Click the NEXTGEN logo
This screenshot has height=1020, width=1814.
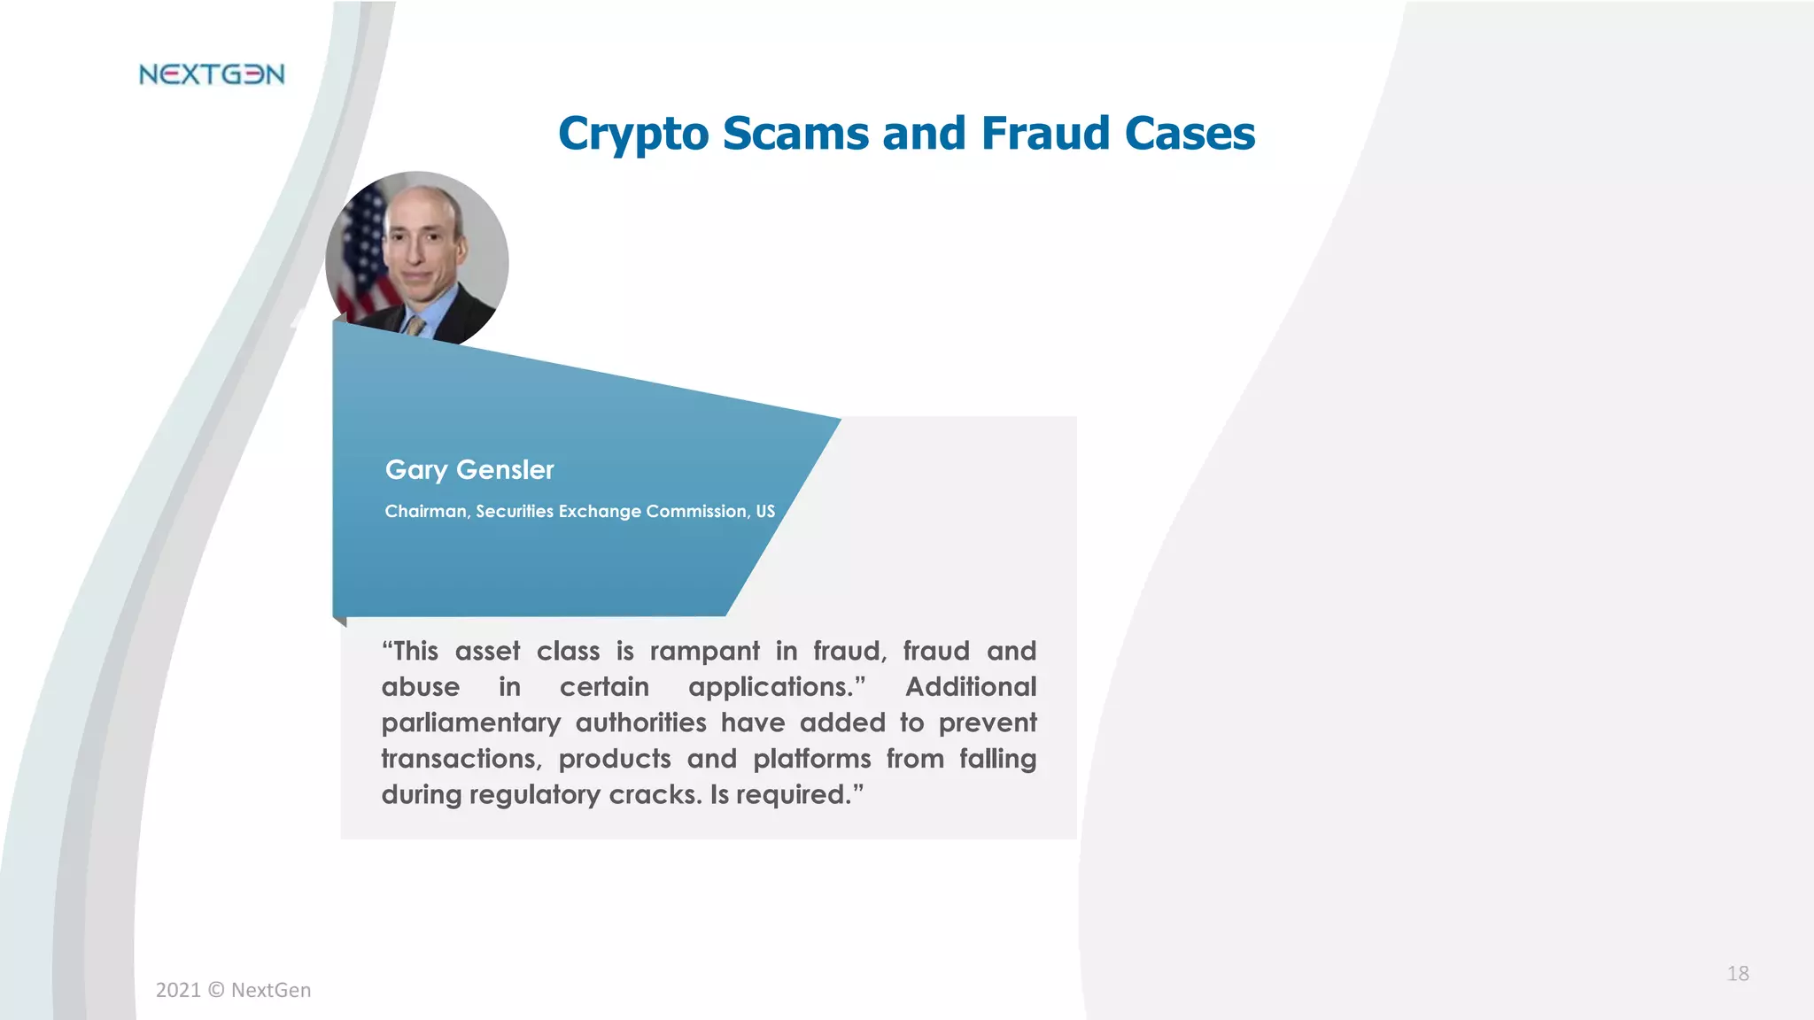212,74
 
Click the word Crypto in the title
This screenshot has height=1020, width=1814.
633,135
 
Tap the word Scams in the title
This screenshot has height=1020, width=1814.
795,134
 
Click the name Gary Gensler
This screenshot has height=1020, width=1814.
469,469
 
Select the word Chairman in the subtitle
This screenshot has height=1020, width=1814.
425,512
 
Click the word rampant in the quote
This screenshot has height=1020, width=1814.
704,652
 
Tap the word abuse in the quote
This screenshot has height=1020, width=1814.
421,687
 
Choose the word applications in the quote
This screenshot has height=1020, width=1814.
771,688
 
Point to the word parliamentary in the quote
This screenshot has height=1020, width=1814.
471,723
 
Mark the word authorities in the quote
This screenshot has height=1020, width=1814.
640,722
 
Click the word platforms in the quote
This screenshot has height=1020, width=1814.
812,759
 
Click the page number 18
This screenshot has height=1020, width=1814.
1738,974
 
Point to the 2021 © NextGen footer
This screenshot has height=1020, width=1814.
234,990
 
